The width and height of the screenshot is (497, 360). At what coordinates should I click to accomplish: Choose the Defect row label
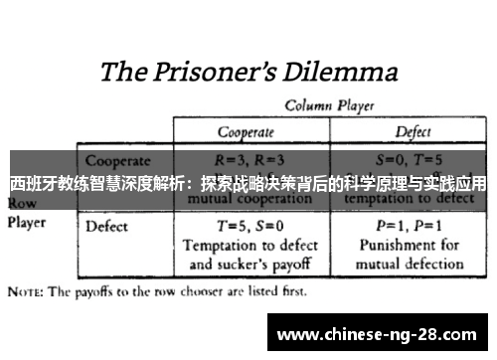pyautogui.click(x=107, y=226)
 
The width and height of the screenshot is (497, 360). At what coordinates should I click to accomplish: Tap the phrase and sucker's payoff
pyautogui.click(x=250, y=265)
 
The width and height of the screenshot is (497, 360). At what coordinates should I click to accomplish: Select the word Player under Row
pyautogui.click(x=28, y=223)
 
